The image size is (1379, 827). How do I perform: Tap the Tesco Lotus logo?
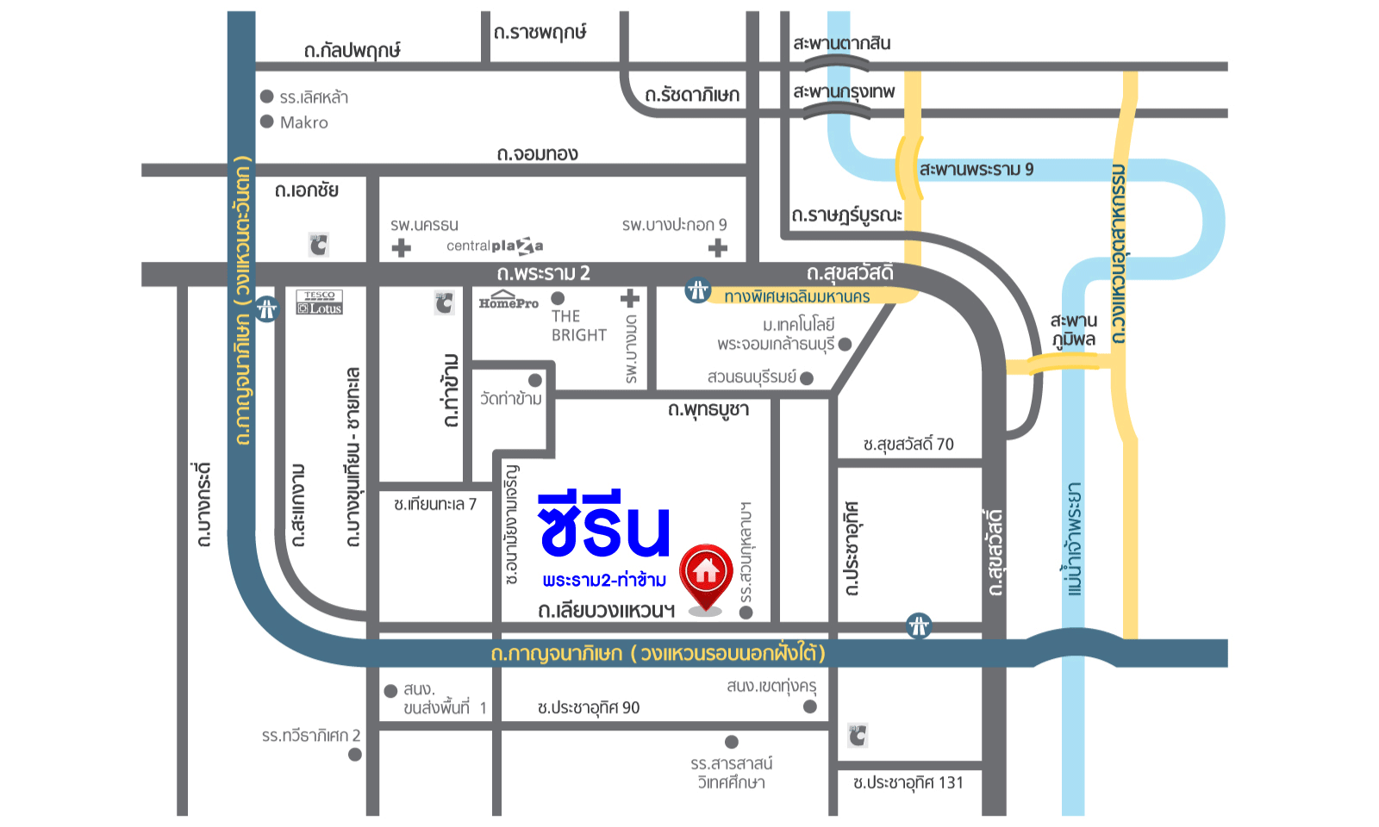click(x=319, y=302)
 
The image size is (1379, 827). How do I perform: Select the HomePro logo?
click(x=509, y=301)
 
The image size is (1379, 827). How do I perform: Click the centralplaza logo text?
click(x=495, y=246)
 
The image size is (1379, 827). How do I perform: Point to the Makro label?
click(x=303, y=122)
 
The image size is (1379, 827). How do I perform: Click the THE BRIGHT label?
click(x=578, y=326)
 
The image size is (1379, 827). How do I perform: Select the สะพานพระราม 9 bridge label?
click(x=976, y=169)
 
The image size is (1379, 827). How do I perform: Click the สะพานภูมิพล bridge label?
click(x=1073, y=330)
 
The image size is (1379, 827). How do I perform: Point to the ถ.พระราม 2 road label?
click(x=543, y=274)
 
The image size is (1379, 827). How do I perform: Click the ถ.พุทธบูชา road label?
click(x=708, y=409)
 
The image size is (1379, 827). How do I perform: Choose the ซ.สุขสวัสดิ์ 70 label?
click(x=908, y=445)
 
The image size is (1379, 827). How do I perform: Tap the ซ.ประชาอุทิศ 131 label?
click(x=908, y=783)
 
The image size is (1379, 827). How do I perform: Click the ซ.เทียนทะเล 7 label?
click(x=434, y=504)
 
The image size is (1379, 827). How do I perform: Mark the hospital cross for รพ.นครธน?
click(x=401, y=248)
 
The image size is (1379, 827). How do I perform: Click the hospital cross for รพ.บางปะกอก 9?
click(x=717, y=248)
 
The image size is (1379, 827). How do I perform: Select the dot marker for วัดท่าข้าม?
click(x=535, y=380)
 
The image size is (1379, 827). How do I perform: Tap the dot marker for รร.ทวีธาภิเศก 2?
click(x=354, y=755)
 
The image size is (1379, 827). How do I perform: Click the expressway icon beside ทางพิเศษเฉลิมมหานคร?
click(x=697, y=290)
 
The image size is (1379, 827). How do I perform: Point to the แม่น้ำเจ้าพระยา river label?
click(x=1073, y=538)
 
